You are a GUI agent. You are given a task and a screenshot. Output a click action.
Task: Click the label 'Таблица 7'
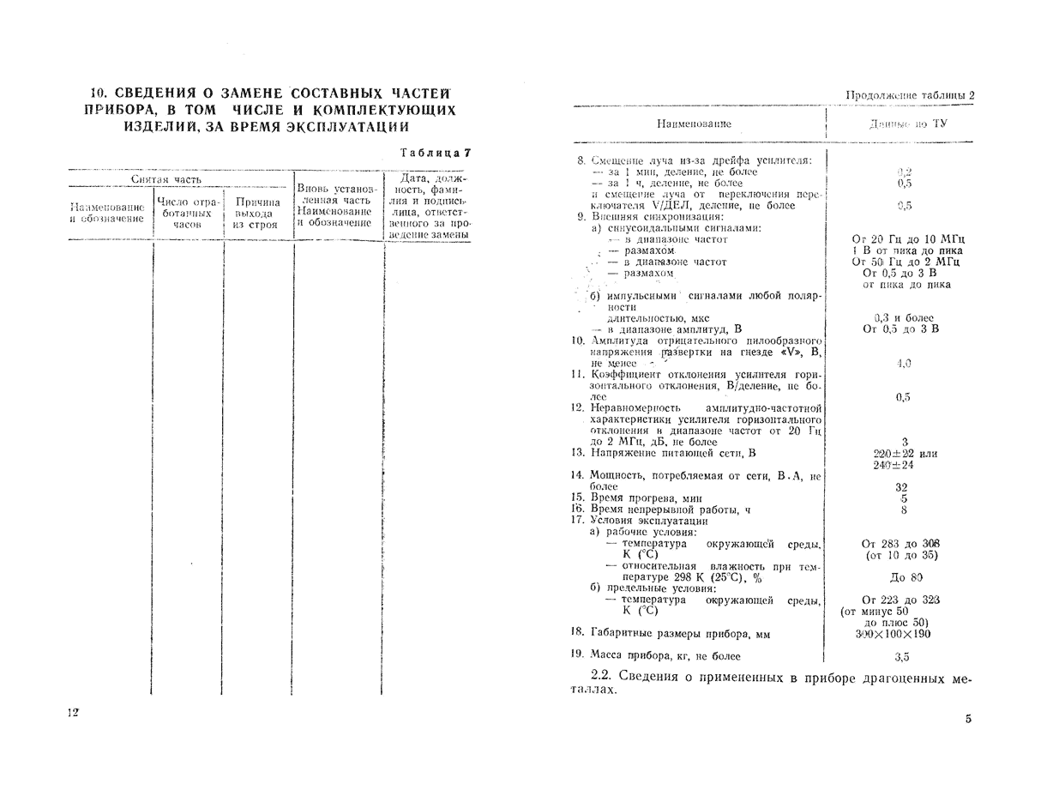click(436, 154)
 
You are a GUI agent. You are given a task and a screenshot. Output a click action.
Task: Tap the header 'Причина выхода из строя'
click(257, 214)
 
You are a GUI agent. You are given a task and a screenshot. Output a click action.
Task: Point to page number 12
click(73, 714)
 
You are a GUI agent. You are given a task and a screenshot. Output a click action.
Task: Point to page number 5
click(968, 719)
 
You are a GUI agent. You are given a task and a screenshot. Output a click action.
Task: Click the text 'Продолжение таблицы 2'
click(910, 95)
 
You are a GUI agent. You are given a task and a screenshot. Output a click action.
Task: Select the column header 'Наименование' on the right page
click(694, 124)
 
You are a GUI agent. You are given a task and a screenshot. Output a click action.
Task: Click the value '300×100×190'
click(893, 634)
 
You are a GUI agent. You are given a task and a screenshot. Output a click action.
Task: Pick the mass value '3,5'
click(902, 657)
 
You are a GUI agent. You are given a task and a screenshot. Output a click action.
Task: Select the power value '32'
click(901, 486)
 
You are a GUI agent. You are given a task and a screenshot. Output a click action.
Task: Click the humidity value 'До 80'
click(906, 577)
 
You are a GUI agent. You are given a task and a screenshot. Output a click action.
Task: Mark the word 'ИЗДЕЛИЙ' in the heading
click(163, 127)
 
